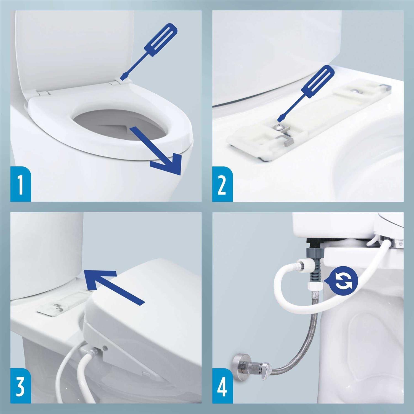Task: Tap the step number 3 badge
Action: [x=20, y=386]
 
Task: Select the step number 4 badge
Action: [x=222, y=386]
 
